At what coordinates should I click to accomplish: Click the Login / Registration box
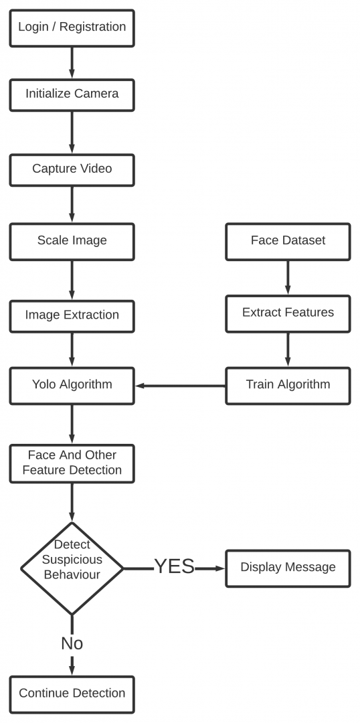click(72, 27)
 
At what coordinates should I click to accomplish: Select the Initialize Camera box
click(72, 94)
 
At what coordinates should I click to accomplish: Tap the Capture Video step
click(72, 169)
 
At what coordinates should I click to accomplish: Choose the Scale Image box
click(72, 241)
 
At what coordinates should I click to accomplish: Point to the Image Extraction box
click(72, 315)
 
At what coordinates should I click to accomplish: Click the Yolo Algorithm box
click(72, 385)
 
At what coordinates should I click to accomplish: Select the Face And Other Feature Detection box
click(72, 463)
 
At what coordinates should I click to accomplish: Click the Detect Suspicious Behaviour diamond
click(72, 568)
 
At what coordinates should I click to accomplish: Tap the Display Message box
click(288, 568)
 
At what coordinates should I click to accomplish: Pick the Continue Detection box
click(72, 694)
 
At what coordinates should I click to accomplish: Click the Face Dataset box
click(288, 241)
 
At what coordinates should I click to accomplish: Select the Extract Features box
click(288, 313)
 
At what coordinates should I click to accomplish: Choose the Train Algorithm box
click(288, 385)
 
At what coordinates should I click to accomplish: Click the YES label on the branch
click(174, 567)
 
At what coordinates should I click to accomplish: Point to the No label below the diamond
click(72, 643)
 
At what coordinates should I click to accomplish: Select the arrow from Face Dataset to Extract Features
click(288, 276)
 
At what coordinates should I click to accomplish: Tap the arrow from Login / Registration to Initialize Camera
click(72, 62)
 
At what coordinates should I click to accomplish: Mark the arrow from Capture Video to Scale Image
click(72, 204)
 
